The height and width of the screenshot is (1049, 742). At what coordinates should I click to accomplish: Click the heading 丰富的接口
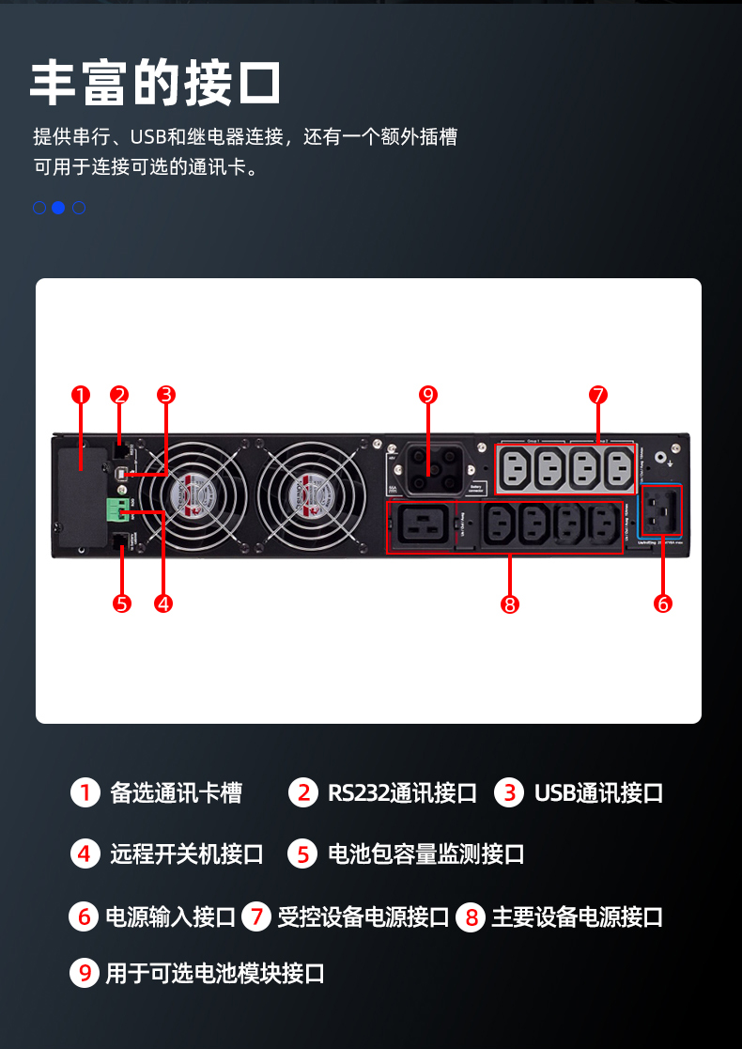155,84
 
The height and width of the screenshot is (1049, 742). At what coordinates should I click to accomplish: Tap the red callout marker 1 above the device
81,395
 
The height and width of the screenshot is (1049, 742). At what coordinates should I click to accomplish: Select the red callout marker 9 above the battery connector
428,395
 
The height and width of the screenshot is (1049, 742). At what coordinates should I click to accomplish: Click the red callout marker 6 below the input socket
663,603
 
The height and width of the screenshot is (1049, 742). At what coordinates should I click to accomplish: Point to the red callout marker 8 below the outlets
510,603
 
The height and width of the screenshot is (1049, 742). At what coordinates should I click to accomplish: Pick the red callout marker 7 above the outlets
599,395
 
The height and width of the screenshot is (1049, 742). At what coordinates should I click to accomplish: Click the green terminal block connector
117,510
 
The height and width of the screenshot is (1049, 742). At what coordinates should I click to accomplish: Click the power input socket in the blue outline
662,510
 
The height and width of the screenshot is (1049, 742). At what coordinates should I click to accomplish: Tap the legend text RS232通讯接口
402,793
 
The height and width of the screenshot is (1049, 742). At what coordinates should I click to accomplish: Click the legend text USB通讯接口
598,793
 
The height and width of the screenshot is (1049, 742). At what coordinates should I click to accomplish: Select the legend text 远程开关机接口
187,854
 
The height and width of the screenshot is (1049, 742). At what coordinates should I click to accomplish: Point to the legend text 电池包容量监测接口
425,854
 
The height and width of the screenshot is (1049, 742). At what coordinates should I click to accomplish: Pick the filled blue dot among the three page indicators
58,208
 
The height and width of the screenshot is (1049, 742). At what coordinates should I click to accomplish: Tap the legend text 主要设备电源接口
577,917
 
